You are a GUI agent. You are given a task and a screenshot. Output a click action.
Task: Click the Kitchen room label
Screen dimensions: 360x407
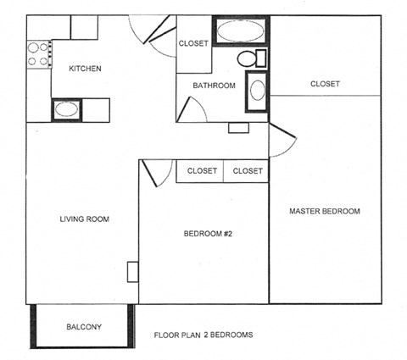coord(85,69)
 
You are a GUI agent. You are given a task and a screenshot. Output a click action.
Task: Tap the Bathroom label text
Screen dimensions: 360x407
coord(213,85)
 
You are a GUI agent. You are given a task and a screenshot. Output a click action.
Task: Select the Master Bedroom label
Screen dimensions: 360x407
coord(325,211)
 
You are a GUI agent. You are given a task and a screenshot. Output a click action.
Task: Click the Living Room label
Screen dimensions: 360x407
coord(85,219)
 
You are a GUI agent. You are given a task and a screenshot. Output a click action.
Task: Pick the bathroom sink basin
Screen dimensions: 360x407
coord(257,91)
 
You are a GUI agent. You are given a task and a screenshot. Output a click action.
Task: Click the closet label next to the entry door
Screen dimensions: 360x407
coord(193,44)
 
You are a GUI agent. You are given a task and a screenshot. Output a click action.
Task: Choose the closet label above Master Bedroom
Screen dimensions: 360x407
coord(325,84)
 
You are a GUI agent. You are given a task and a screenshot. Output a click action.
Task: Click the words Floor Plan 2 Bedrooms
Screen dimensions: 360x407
coord(203,335)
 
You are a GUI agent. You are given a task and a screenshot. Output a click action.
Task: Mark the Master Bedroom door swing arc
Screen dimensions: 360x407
coord(282,141)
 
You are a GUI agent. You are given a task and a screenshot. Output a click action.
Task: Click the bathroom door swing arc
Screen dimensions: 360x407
coord(193,108)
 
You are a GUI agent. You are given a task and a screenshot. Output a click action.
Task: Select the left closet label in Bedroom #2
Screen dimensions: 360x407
coord(202,171)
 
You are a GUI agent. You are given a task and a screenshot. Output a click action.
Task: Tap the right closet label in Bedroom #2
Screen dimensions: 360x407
coord(248,171)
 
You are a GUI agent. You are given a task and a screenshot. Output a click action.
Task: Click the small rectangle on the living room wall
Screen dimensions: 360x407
coord(132,272)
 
